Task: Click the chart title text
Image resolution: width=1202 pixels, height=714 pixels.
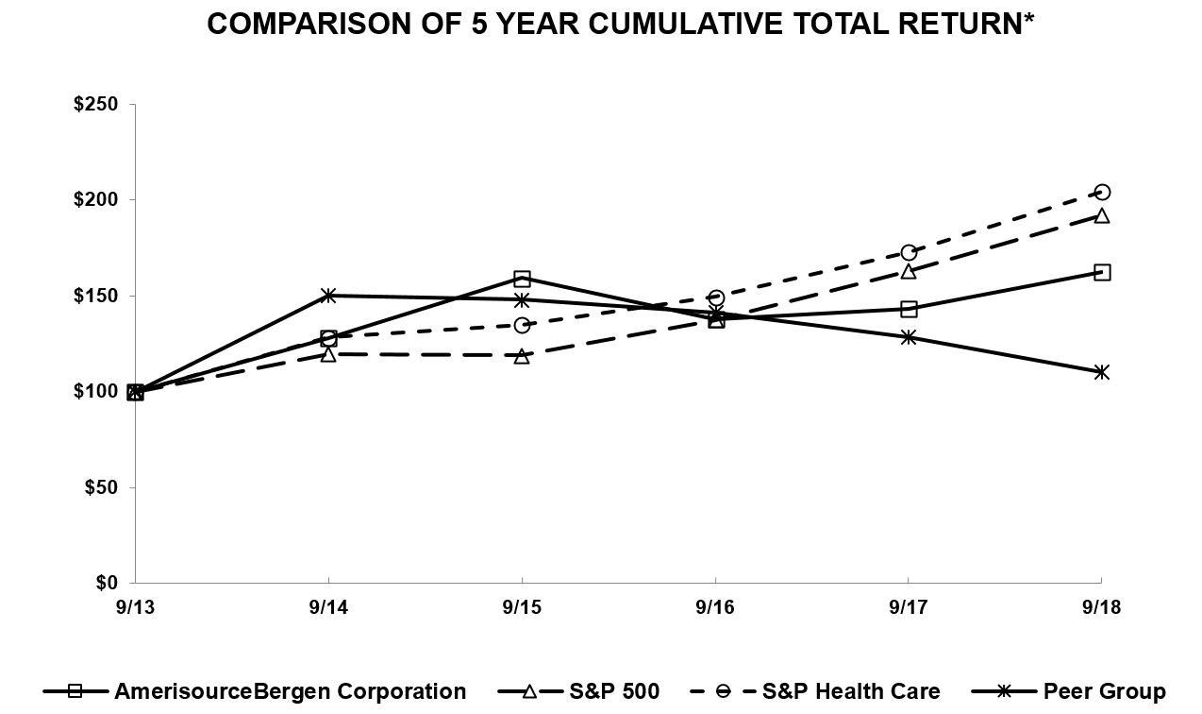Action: click(x=620, y=25)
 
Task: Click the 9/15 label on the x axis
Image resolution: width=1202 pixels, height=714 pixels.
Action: click(x=522, y=606)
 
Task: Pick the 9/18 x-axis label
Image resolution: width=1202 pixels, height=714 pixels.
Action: click(x=1101, y=606)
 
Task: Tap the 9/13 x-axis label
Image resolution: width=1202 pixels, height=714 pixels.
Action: click(x=135, y=606)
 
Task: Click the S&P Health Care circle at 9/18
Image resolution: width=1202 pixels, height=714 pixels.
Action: click(x=1101, y=193)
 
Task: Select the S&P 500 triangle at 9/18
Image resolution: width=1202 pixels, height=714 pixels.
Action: click(x=1101, y=215)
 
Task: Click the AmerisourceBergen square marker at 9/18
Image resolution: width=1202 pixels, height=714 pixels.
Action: click(x=1101, y=272)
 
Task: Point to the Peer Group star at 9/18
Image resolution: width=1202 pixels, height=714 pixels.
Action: click(x=1101, y=372)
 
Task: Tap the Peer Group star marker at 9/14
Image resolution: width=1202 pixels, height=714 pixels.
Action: click(x=328, y=296)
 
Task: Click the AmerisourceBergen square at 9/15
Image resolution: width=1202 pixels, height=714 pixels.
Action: click(x=522, y=279)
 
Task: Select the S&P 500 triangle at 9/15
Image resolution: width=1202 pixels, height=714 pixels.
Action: click(x=522, y=356)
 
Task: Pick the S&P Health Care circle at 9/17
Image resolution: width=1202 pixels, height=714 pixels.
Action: click(x=909, y=252)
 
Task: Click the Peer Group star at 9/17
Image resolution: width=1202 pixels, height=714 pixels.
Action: click(x=909, y=337)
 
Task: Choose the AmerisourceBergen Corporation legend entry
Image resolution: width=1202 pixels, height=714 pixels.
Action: click(x=290, y=691)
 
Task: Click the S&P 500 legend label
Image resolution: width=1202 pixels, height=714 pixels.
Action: click(x=614, y=691)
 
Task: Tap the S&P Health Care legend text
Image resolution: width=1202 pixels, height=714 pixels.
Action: click(x=850, y=691)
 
